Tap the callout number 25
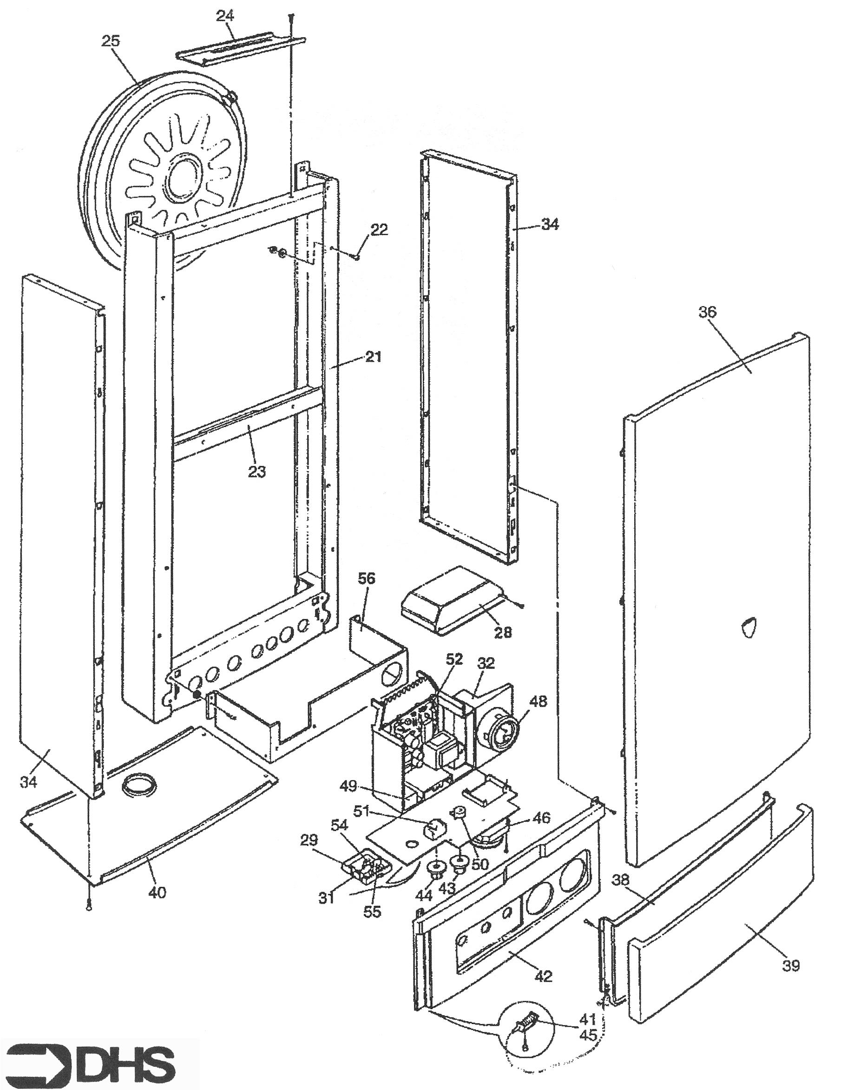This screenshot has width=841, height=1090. point(111,41)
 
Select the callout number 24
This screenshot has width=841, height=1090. point(225,16)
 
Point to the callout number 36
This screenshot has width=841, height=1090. point(707,312)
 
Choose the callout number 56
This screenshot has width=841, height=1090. point(366,580)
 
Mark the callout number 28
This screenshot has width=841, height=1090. point(502,633)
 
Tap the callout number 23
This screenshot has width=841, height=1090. point(257,471)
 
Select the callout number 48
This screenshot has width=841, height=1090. point(537,701)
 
